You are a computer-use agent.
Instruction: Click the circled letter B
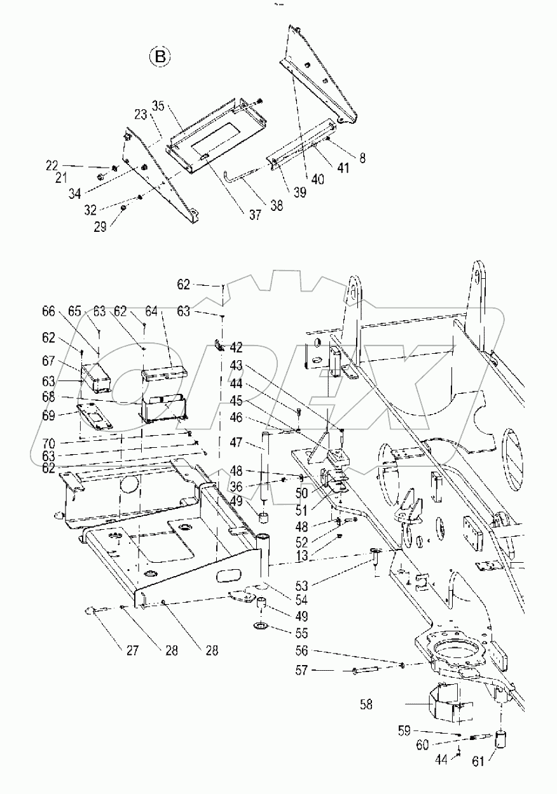(160, 58)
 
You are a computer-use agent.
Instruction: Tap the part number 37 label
(254, 215)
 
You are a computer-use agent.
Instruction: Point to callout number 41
(343, 168)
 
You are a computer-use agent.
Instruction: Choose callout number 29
(115, 226)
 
